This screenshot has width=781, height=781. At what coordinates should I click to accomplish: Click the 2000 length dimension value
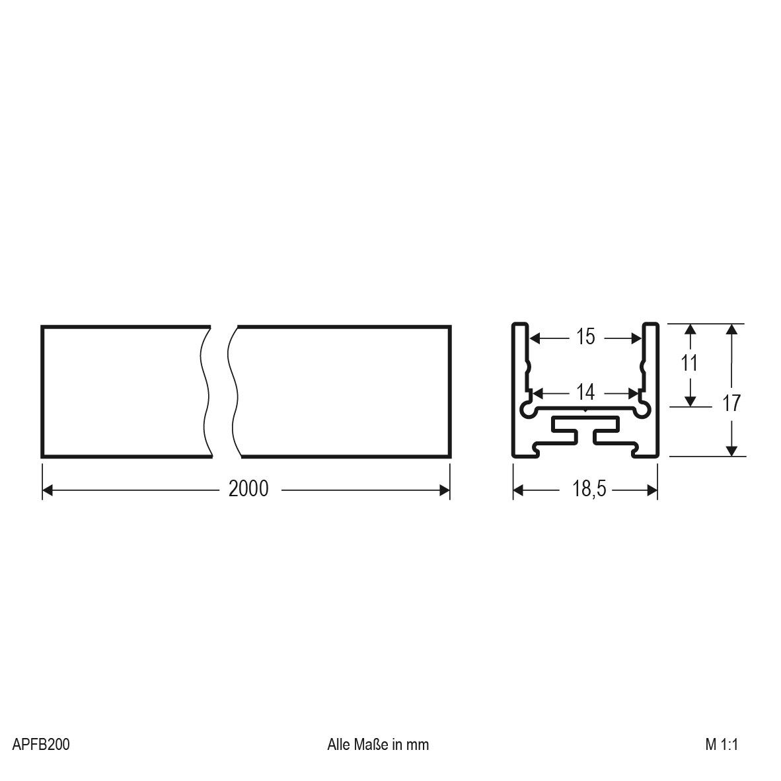click(x=248, y=489)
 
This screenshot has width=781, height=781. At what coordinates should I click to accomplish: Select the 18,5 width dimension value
click(x=585, y=490)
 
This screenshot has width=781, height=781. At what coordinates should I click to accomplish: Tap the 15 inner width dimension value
click(x=585, y=337)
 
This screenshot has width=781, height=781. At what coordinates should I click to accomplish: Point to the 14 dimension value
click(x=585, y=392)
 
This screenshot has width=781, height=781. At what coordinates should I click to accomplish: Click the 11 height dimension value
click(x=690, y=363)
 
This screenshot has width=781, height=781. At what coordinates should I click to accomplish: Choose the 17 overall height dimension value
click(x=731, y=402)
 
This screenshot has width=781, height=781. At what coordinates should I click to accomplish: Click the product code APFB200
click(x=41, y=745)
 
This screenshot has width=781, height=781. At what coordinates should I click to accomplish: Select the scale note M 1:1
click(x=721, y=745)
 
